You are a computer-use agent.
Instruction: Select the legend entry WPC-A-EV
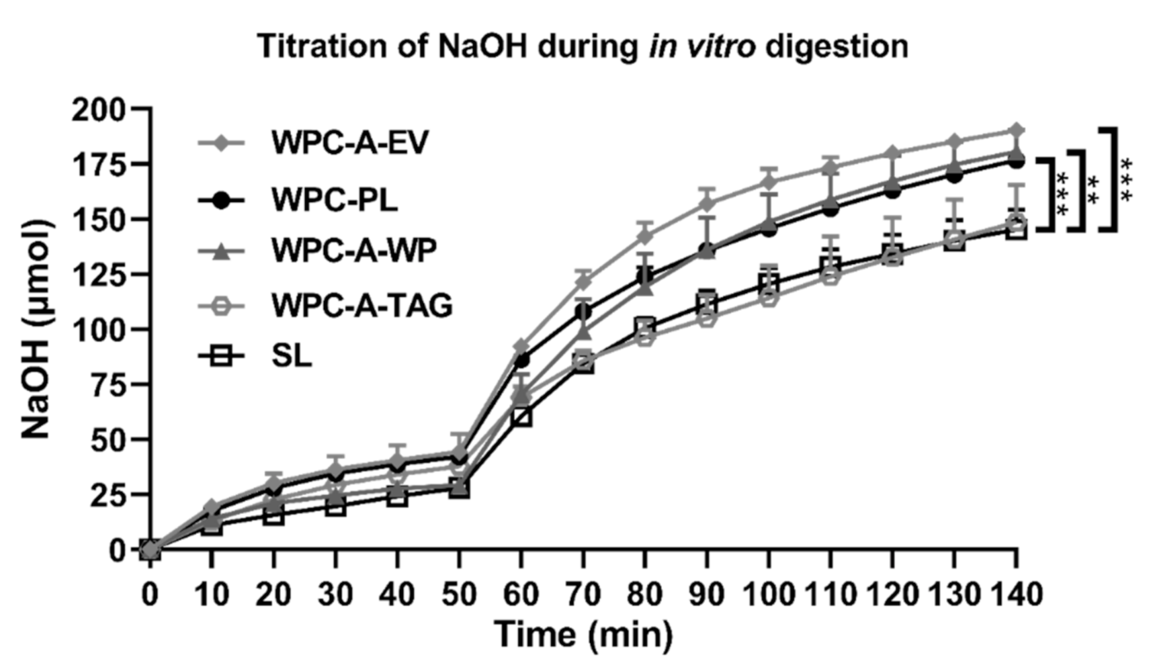click(349, 142)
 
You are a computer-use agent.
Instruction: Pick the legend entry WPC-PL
click(334, 200)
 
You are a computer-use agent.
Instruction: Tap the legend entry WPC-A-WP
click(353, 251)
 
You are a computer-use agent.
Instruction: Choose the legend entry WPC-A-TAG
click(361, 306)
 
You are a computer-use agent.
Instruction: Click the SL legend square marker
click(223, 355)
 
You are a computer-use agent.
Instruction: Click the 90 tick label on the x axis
click(706, 595)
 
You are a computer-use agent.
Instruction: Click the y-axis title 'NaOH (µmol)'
click(36, 329)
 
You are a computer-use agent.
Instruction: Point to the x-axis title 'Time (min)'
click(583, 634)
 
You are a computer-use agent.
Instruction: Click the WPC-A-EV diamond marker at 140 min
click(1017, 130)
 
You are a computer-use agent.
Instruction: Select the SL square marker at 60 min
click(521, 417)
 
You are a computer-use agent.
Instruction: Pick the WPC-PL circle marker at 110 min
click(830, 209)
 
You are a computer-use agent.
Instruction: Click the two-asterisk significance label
click(1093, 191)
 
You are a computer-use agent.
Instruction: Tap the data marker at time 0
click(151, 550)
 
